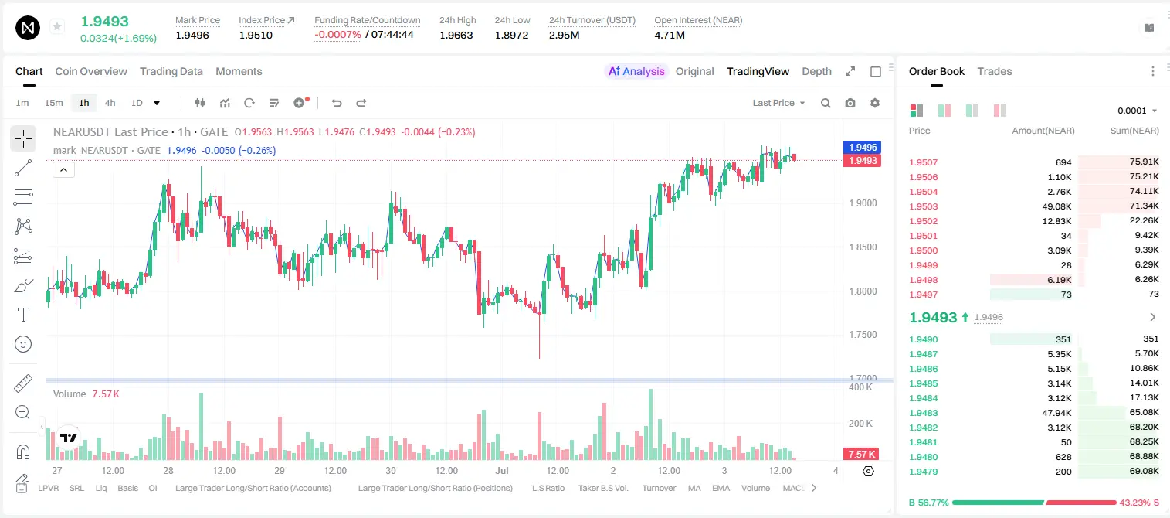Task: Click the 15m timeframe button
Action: [x=54, y=103]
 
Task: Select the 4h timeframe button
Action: [x=110, y=103]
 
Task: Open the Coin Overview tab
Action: [x=91, y=71]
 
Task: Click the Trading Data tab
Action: [x=171, y=71]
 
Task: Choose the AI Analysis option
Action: [x=636, y=71]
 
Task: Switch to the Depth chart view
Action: [x=816, y=71]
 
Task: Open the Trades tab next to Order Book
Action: [x=995, y=71]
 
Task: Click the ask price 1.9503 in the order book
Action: [x=923, y=206]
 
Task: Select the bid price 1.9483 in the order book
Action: [x=923, y=413]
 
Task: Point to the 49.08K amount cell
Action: [x=1056, y=206]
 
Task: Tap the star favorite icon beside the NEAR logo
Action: [x=57, y=26]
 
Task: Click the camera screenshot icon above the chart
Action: [x=850, y=103]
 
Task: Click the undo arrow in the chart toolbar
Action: [x=337, y=103]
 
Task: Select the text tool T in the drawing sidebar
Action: [x=23, y=315]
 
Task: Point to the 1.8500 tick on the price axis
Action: [x=863, y=247]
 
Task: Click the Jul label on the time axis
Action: [x=501, y=470]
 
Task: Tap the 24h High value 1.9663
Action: [x=456, y=35]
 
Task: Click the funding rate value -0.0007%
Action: [x=337, y=35]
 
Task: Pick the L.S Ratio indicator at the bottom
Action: [x=548, y=488]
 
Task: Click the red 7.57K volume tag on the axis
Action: [x=861, y=455]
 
